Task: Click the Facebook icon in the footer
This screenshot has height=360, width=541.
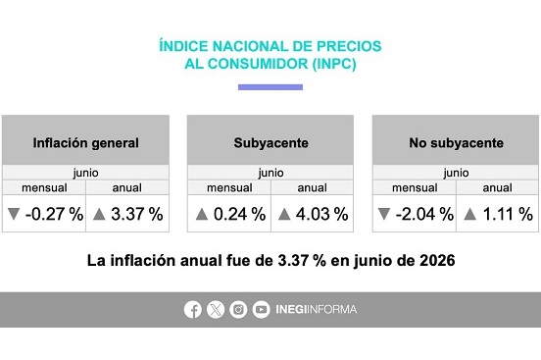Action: [192, 309]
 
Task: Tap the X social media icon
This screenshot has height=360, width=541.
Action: [216, 309]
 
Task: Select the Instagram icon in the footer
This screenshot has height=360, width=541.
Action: [238, 309]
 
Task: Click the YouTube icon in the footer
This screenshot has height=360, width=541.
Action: [261, 309]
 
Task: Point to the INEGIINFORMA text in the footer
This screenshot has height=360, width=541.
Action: [316, 309]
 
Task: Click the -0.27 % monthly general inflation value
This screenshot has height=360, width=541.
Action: [54, 214]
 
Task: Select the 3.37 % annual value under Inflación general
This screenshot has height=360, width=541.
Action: [137, 214]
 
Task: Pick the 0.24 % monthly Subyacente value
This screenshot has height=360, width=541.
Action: [240, 214]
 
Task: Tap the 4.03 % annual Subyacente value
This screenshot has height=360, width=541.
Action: [321, 214]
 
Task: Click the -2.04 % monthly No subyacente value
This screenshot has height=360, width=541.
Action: [424, 214]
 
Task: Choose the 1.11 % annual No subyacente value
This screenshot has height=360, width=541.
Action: [508, 214]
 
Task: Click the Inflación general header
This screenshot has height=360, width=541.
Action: [85, 143]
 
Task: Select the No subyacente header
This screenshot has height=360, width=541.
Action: [456, 143]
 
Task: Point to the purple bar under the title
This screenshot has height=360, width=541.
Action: [270, 87]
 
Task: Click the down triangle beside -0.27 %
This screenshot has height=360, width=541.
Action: [14, 214]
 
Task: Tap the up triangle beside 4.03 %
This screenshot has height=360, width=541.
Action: [284, 214]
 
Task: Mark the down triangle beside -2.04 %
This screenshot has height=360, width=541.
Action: [384, 214]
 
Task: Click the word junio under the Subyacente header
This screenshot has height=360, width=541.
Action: [270, 173]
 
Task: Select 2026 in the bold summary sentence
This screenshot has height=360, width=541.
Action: [437, 261]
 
